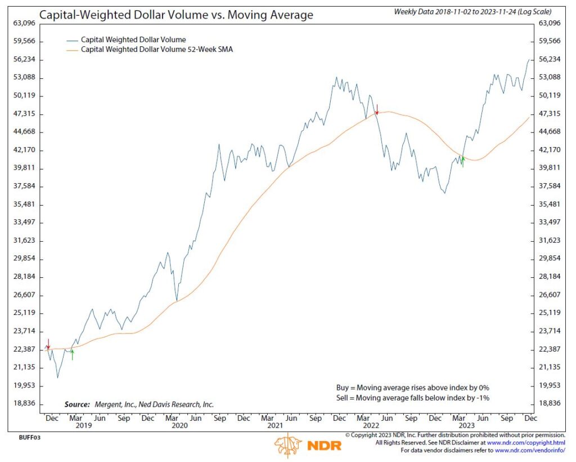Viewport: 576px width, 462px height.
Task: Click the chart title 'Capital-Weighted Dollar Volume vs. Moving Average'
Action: click(x=176, y=15)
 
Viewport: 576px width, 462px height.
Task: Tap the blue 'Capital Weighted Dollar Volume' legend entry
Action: click(x=133, y=40)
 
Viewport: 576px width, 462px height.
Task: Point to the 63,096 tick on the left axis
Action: click(x=24, y=23)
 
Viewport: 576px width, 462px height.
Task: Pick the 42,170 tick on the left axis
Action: click(x=24, y=150)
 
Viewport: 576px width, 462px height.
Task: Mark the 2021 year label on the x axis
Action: click(x=275, y=426)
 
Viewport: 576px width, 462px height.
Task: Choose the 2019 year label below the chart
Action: click(x=83, y=426)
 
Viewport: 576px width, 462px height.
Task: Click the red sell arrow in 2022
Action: click(x=377, y=109)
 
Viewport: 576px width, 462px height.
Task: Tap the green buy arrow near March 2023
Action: click(x=462, y=162)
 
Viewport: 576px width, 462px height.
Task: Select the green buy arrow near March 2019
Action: click(x=72, y=354)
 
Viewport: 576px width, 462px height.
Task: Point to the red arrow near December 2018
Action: click(x=48, y=344)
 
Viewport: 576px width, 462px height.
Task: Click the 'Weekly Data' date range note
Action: click(x=472, y=11)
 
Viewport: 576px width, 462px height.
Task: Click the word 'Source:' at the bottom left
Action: click(x=76, y=405)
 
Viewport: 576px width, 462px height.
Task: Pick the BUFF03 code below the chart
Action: click(x=30, y=437)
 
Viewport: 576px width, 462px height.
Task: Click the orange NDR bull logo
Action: click(x=288, y=445)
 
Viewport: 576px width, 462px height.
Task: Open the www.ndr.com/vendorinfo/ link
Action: click(x=529, y=450)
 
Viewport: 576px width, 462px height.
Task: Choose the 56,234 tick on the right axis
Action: click(x=550, y=59)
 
